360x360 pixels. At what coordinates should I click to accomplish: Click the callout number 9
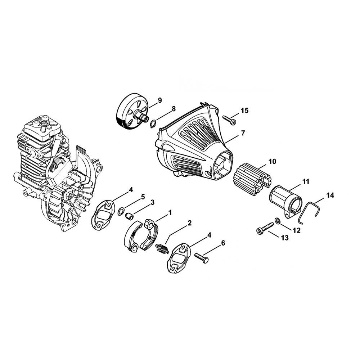[x=160, y=100]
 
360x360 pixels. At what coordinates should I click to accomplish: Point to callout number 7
[x=243, y=133]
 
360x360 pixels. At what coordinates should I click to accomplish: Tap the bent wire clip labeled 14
[x=309, y=212]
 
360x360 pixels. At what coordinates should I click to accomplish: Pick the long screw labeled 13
[x=264, y=228]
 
